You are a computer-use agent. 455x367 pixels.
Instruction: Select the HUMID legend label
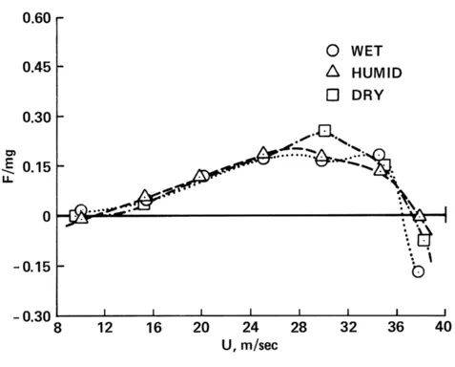378,73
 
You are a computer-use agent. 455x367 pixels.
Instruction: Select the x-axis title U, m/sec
251,356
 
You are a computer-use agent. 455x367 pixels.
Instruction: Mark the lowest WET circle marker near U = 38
418,271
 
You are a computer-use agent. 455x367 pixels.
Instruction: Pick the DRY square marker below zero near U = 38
424,240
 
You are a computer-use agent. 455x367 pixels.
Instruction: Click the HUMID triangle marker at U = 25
262,153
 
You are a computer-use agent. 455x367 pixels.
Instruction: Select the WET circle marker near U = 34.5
379,155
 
